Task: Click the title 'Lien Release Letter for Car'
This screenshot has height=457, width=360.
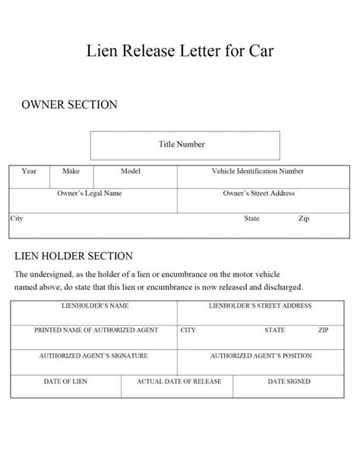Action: point(180,52)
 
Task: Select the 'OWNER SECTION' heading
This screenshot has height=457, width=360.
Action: point(68,105)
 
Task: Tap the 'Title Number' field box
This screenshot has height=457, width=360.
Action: point(185,145)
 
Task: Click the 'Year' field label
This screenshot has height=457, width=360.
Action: point(29,172)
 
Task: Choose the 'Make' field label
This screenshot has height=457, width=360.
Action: point(71,172)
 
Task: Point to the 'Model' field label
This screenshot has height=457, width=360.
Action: point(131,172)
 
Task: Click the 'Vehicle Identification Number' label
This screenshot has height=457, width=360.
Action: point(257,172)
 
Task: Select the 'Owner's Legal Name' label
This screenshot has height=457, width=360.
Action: point(89,194)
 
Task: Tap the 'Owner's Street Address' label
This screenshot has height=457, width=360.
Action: point(259,194)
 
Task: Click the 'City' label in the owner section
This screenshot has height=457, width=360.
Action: point(17,218)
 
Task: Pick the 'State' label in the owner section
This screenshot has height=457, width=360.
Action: point(251,218)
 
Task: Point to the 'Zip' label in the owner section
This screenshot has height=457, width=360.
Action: point(304,218)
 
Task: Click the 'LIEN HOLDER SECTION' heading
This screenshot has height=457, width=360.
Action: point(74,257)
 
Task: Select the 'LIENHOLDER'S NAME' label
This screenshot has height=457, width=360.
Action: point(94,306)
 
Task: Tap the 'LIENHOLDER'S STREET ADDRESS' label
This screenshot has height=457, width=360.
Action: point(260,306)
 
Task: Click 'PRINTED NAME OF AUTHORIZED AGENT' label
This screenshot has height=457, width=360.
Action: point(94,331)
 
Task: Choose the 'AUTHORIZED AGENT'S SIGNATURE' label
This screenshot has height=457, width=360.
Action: point(93,356)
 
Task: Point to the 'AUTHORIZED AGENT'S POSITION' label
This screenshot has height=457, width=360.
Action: point(261,356)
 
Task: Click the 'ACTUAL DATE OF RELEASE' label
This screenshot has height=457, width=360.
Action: point(179,382)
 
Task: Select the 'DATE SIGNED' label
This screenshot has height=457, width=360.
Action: point(289,382)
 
